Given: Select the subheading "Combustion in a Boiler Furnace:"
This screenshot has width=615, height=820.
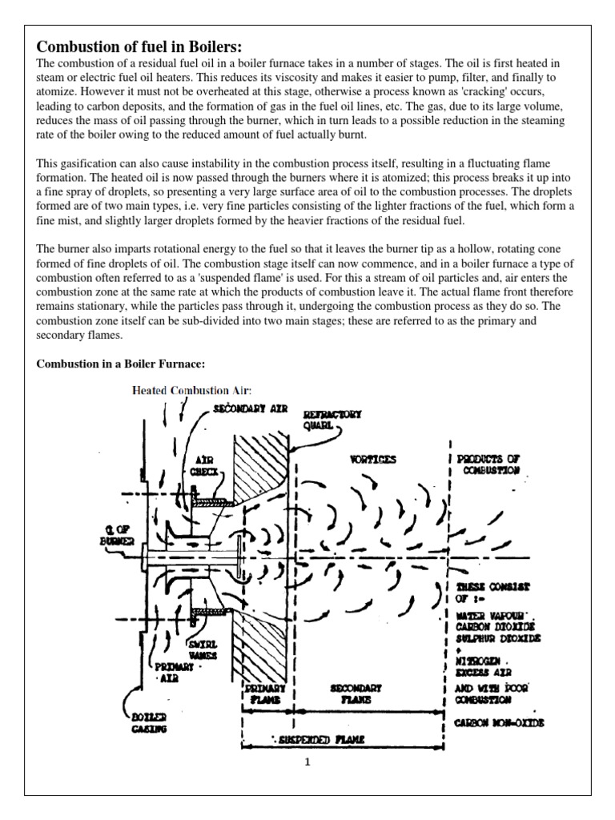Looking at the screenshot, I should point(121,364).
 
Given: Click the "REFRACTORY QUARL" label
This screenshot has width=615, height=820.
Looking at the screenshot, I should point(332,420).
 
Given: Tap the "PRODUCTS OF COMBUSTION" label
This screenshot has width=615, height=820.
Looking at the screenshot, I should point(488,464).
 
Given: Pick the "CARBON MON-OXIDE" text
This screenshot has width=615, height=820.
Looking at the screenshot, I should point(500,723).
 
